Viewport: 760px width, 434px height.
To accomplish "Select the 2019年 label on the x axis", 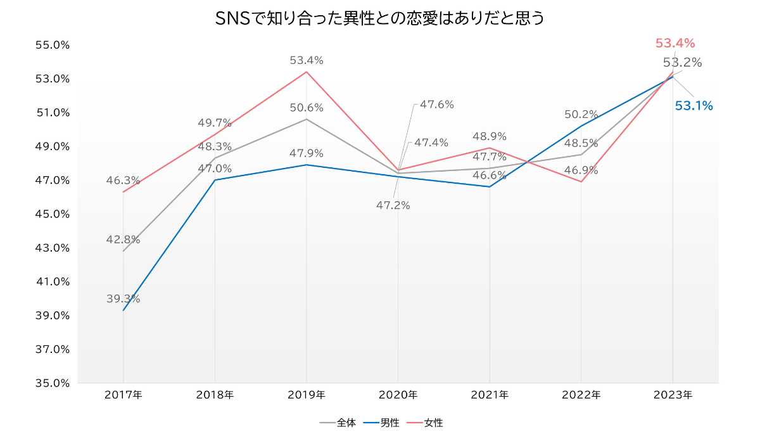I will click(x=307, y=395).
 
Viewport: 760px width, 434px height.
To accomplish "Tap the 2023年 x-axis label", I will click(x=673, y=395).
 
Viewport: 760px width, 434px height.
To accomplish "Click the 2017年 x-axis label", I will click(x=123, y=395).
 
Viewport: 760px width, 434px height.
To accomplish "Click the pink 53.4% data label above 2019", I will click(x=307, y=61).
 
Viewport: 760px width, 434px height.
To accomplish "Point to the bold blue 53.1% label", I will click(x=693, y=106).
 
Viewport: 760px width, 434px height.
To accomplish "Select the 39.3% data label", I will click(x=123, y=299).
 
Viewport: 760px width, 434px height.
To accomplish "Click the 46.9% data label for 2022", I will click(x=581, y=170).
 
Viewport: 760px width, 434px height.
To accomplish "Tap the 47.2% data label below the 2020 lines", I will click(x=393, y=205).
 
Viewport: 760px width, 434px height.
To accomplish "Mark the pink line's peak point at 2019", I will click(x=307, y=72).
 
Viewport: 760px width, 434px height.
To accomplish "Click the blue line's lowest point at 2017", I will click(x=123, y=310).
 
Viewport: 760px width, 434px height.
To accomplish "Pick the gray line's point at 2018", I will click(x=215, y=158).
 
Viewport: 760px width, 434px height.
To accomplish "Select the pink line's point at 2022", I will click(x=581, y=182).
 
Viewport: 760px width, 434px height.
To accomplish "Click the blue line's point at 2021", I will click(x=490, y=187).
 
